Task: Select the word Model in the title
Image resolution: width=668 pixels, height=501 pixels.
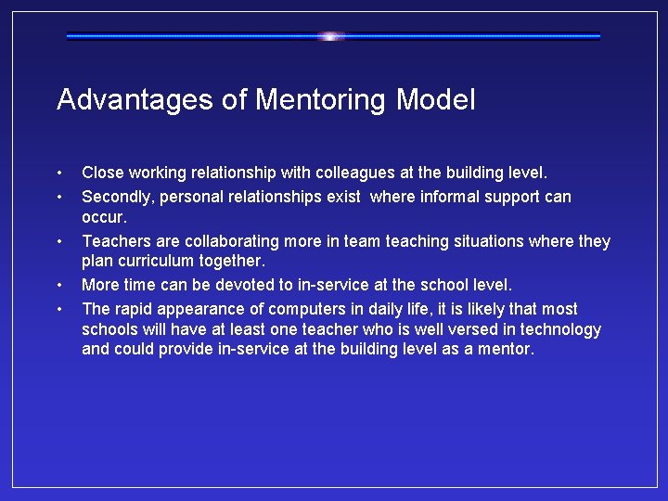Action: click(x=435, y=99)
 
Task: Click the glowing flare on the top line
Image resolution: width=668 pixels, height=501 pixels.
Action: click(x=331, y=36)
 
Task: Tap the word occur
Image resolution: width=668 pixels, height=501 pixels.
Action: click(x=102, y=218)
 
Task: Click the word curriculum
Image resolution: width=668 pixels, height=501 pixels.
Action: click(x=153, y=263)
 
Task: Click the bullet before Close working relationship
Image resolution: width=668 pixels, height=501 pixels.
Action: click(x=59, y=173)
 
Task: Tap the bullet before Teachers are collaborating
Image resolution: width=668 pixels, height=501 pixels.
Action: click(x=59, y=242)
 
